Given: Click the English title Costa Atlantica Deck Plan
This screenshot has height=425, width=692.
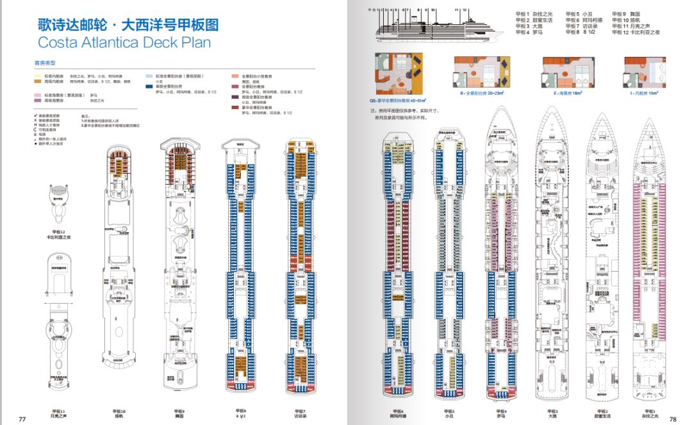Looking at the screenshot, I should pyautogui.click(x=124, y=43).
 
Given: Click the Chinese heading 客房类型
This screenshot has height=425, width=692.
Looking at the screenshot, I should pyautogui.click(x=45, y=63).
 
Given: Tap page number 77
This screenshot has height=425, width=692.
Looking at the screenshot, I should pyautogui.click(x=22, y=419).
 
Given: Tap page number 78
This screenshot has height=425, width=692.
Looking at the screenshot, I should pyautogui.click(x=673, y=419).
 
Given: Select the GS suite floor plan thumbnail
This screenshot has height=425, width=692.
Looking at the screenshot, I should pyautogui.click(x=399, y=73).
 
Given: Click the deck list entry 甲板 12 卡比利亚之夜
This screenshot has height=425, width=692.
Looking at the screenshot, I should pyautogui.click(x=636, y=32).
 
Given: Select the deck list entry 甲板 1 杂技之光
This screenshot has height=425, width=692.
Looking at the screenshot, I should pyautogui.click(x=534, y=13).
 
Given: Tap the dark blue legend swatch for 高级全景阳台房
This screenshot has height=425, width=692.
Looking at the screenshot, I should pyautogui.click(x=149, y=86).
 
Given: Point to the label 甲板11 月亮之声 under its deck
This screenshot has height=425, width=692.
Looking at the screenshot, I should pyautogui.click(x=58, y=414).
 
